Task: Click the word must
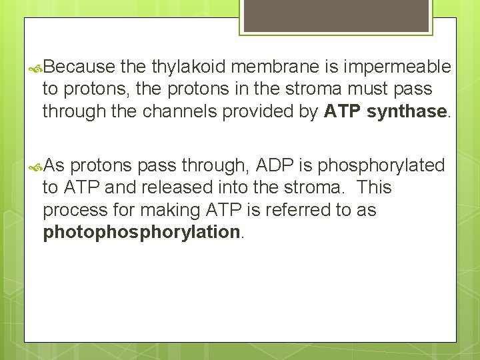click(x=377, y=89)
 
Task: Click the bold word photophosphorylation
click(x=141, y=232)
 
